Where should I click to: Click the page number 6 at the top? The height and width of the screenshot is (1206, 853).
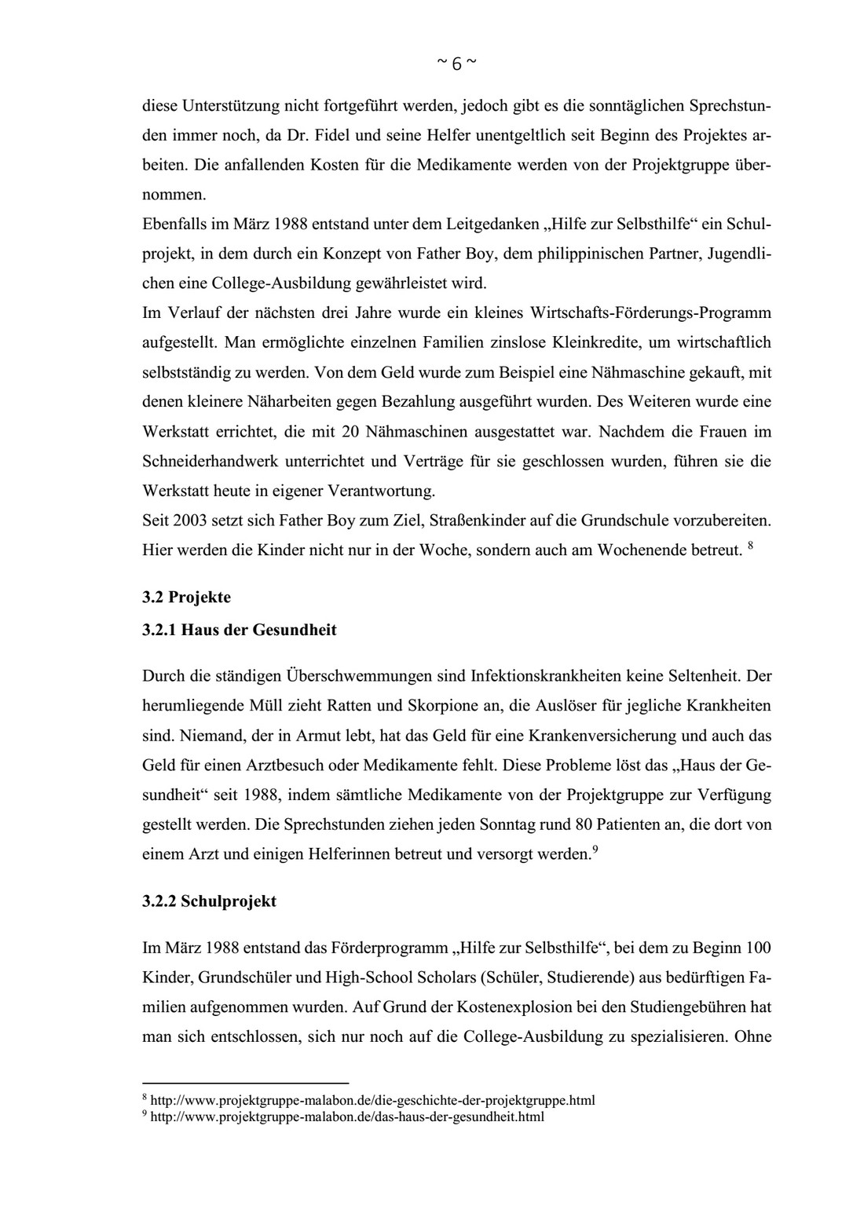[x=456, y=64]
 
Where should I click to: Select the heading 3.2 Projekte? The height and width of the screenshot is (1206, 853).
[x=186, y=597]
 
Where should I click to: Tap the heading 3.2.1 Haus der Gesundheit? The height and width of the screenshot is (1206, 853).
[x=239, y=630]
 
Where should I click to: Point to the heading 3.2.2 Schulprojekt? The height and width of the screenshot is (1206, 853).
[x=209, y=901]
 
